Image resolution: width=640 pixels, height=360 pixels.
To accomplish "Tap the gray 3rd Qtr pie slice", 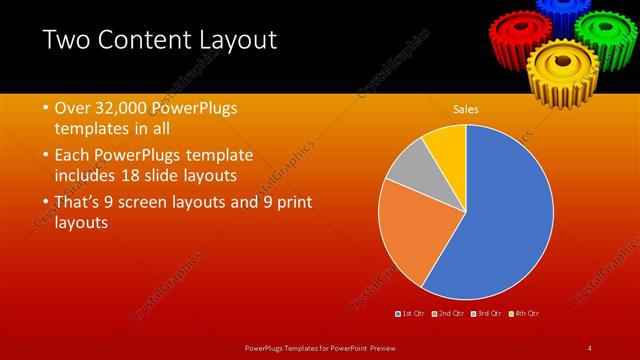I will pos(407,172).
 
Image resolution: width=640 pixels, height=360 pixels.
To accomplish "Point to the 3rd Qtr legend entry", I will pos(488,314).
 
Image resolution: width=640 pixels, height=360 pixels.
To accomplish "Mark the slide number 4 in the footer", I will pos(590,348).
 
